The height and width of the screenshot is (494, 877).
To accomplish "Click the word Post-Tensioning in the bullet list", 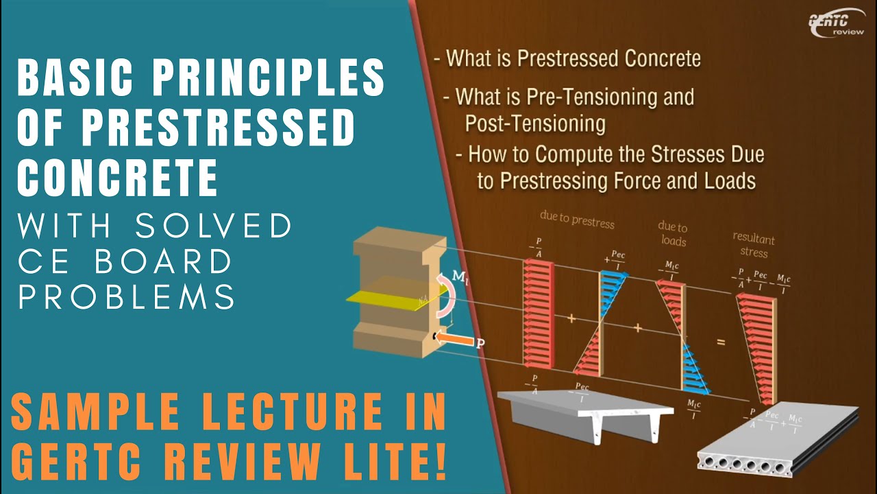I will tap(534, 123).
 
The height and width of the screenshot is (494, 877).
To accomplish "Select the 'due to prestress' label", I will tap(577, 224).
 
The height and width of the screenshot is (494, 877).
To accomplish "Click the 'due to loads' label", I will tap(672, 233).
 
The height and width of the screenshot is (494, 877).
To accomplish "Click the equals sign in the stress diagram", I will tap(720, 339).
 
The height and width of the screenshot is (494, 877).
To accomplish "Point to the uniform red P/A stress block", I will tap(536, 313).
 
